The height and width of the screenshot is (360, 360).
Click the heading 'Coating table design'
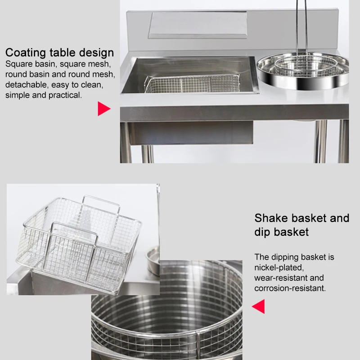[59, 52]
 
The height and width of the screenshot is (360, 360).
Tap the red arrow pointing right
[103, 108]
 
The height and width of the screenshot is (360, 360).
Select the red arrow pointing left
[258, 307]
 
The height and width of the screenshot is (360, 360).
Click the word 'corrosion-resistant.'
[290, 288]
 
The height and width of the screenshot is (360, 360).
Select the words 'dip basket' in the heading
[281, 232]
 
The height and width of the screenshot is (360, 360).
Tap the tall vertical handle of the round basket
[302, 27]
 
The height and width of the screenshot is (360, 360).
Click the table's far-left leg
[126, 142]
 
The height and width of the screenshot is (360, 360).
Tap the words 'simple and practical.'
[44, 95]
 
